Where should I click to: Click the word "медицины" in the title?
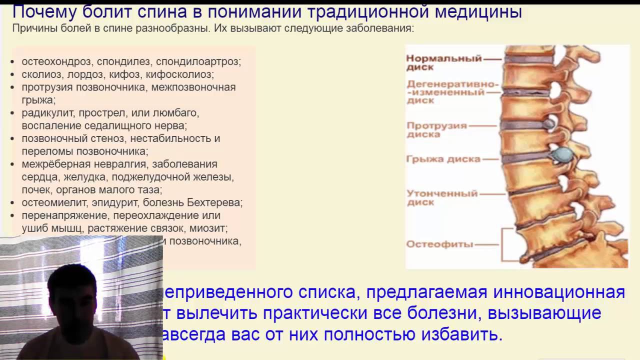coord(478,12)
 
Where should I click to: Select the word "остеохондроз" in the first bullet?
coord(56,62)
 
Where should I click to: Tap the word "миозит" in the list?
coord(210,228)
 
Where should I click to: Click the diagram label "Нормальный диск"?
coord(443,62)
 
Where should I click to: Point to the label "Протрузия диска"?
coord(436,130)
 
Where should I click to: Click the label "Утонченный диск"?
coord(442,197)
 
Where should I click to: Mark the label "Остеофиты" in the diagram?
coord(439,244)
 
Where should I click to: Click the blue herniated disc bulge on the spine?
coord(563,153)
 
